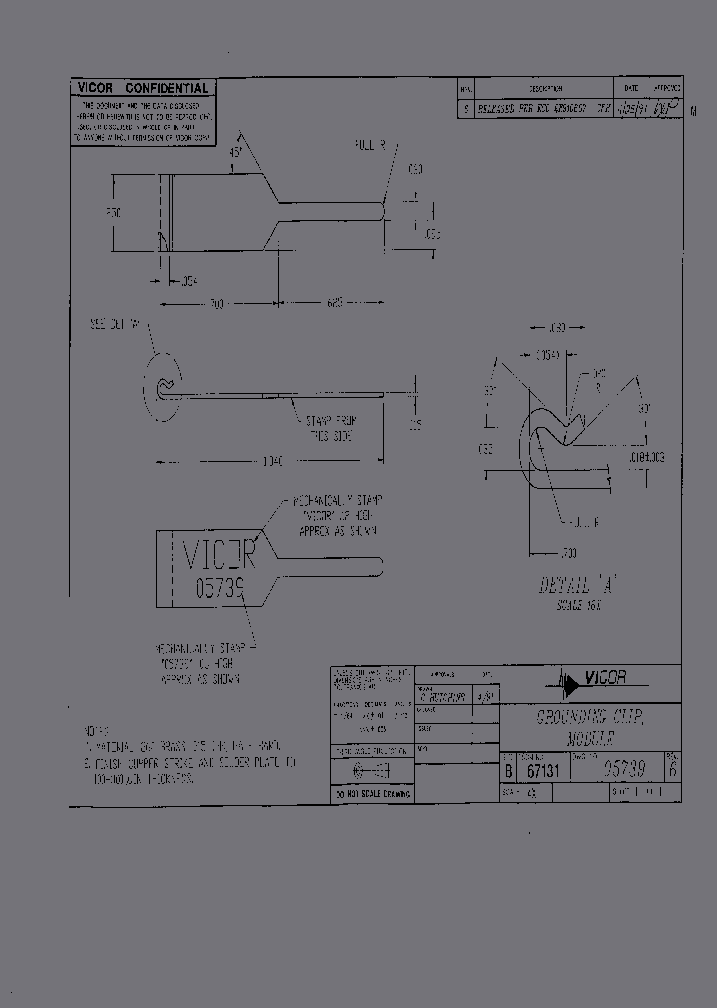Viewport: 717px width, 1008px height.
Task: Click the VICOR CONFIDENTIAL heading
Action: point(141,88)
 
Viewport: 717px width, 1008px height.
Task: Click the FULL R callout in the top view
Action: point(370,145)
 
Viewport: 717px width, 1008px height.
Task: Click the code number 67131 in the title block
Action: point(540,770)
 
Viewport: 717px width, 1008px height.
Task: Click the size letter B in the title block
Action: point(508,770)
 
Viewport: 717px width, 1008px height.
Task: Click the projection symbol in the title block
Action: point(369,770)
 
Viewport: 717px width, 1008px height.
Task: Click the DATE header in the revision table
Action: point(630,88)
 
